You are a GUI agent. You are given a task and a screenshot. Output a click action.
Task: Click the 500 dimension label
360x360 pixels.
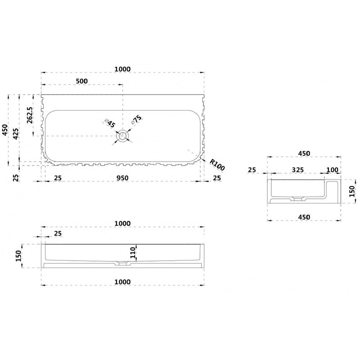(x=82, y=81)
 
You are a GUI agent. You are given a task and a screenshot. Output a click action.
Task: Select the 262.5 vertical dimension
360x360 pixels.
(x=30, y=115)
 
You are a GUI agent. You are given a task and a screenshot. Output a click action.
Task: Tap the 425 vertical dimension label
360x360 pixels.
(x=16, y=134)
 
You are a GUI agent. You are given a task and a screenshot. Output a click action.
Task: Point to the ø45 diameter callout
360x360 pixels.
(x=110, y=123)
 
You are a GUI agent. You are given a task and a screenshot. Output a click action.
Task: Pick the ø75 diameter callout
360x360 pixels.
(x=136, y=119)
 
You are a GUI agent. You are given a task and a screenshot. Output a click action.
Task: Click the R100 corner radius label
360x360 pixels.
(x=217, y=165)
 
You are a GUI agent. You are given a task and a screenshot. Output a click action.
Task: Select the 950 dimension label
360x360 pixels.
(x=122, y=178)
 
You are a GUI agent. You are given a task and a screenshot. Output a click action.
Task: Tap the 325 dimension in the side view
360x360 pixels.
(x=298, y=170)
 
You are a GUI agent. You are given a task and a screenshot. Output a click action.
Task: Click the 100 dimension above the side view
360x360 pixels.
(x=332, y=170)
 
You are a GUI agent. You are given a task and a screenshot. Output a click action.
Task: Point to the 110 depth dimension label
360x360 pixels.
(x=133, y=252)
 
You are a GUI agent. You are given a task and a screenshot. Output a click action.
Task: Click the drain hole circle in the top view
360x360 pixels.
(x=122, y=136)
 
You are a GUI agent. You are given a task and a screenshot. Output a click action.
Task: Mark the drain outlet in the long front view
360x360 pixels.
(x=122, y=263)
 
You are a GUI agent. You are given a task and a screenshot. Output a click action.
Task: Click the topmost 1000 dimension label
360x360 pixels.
(x=122, y=69)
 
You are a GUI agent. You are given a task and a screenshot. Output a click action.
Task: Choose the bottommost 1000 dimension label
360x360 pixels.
(x=122, y=282)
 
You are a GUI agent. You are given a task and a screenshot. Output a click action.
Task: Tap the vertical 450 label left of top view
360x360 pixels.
(x=5, y=130)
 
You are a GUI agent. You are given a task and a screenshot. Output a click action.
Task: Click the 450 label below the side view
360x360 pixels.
(x=304, y=217)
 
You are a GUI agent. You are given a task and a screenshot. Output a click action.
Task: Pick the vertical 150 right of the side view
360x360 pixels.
(x=352, y=191)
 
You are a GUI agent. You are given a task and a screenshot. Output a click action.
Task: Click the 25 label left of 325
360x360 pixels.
(x=252, y=170)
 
